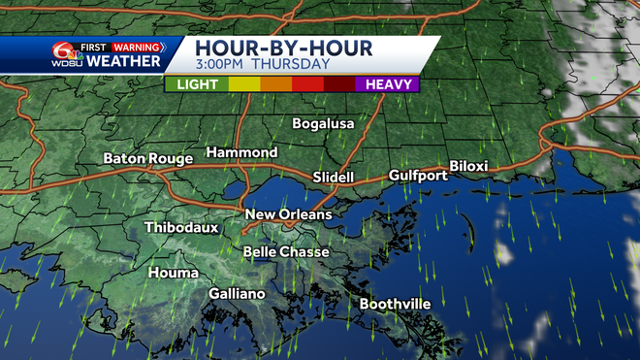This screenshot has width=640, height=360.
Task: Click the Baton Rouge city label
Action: pyautogui.click(x=145, y=158)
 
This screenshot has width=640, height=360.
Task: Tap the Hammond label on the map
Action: pyautogui.click(x=241, y=152)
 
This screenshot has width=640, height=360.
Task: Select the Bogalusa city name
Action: pyautogui.click(x=324, y=123)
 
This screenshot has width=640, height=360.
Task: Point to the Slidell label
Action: pyautogui.click(x=334, y=178)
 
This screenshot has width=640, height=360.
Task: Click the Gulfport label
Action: pyautogui.click(x=418, y=176)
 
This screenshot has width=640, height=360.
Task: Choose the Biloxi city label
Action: pyautogui.click(x=468, y=166)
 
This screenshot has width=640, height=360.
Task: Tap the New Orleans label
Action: pyautogui.click(x=288, y=214)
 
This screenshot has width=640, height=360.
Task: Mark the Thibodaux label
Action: pyautogui.click(x=181, y=228)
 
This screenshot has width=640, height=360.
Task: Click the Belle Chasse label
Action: pyautogui.click(x=286, y=252)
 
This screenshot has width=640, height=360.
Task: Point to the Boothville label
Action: pyautogui.click(x=395, y=304)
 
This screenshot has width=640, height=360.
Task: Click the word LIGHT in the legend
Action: pyautogui.click(x=197, y=84)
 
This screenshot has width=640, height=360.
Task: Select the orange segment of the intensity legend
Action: pyautogui.click(x=276, y=84)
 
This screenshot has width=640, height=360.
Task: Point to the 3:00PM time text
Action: pyautogui.click(x=223, y=66)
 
